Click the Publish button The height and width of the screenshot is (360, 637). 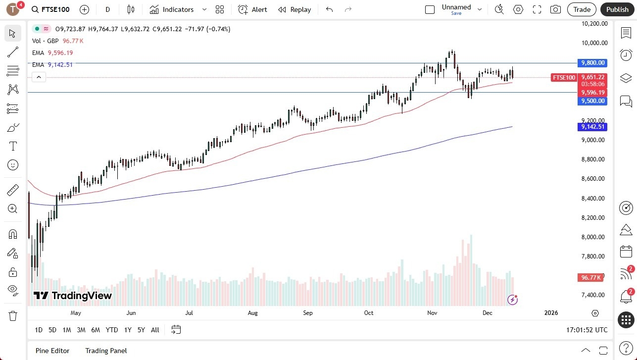(x=617, y=9)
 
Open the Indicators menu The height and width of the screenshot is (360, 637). (x=172, y=9)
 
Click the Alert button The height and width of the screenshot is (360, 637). (x=252, y=9)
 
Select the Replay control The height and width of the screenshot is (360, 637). (x=294, y=9)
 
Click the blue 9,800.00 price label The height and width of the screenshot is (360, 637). (x=592, y=63)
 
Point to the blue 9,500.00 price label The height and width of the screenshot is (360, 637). (x=592, y=101)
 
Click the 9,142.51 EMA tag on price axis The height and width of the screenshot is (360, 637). (x=592, y=127)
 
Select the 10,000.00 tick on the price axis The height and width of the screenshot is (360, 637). (x=593, y=43)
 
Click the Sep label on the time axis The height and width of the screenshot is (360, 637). (x=307, y=313)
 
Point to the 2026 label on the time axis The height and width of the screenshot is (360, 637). (x=551, y=313)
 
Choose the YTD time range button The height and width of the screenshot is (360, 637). (x=112, y=330)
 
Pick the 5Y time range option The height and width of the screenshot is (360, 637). (x=141, y=330)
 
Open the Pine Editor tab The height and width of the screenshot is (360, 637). (x=52, y=351)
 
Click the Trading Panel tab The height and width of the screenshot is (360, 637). (x=106, y=351)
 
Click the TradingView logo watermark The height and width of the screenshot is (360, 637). (x=73, y=296)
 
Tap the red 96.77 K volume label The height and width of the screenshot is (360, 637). (x=592, y=278)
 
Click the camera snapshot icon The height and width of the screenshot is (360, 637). (x=555, y=9)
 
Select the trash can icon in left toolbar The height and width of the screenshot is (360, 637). (x=13, y=315)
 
